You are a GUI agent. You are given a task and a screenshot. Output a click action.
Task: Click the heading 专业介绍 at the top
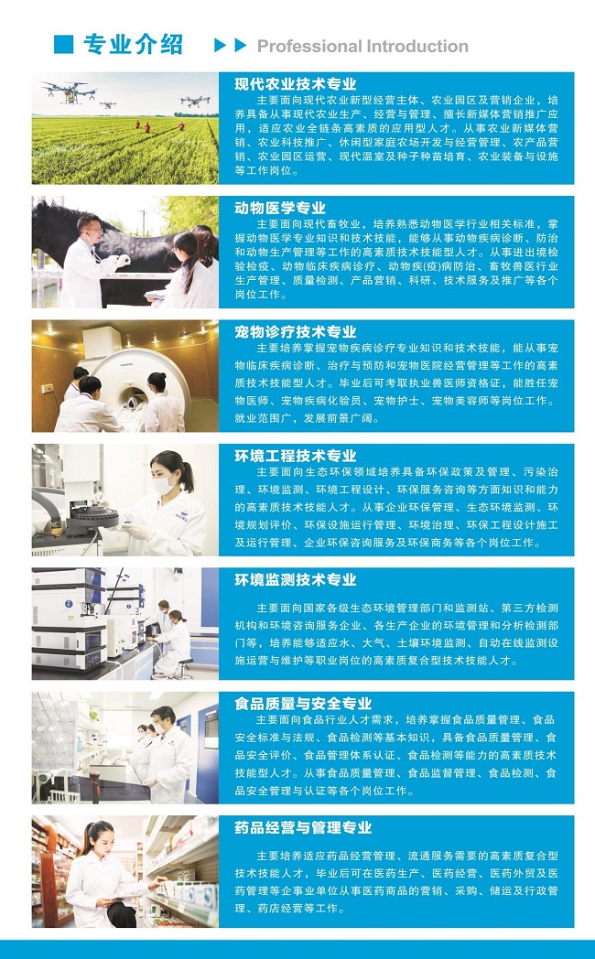(x=133, y=45)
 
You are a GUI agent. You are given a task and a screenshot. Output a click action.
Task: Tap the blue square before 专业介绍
(x=63, y=45)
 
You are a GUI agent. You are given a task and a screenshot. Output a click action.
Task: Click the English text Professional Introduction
(x=362, y=46)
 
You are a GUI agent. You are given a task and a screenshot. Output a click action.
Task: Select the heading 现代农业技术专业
(x=296, y=84)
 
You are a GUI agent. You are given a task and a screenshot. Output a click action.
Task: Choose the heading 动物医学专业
(x=280, y=208)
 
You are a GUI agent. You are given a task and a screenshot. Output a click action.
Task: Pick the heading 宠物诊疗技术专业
(x=296, y=332)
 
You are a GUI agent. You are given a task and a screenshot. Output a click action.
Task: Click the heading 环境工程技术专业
(x=296, y=457)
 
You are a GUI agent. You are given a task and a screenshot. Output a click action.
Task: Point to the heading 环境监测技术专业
(x=296, y=580)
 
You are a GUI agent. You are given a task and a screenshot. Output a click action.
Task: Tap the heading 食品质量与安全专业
(x=303, y=704)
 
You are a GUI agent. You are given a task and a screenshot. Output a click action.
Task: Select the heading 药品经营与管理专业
(x=303, y=828)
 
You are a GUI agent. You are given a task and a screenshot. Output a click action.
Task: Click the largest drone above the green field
(x=69, y=92)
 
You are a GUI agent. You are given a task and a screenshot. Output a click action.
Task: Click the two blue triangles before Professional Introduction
(x=231, y=45)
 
